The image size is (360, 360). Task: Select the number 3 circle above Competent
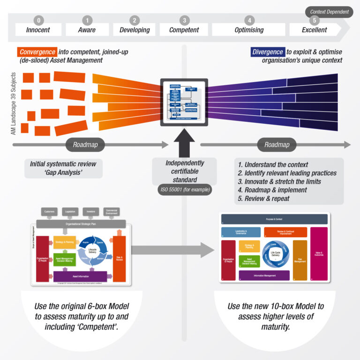[185, 20]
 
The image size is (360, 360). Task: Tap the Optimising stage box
[249, 30]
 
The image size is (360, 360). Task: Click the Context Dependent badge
[330, 11]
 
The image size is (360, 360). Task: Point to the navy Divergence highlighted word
[267, 52]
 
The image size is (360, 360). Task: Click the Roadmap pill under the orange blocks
[85, 145]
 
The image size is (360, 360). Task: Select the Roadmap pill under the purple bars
[277, 145]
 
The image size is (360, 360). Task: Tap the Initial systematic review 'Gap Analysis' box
[63, 168]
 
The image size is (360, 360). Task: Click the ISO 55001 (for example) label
[184, 190]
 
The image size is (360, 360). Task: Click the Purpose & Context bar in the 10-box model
[274, 219]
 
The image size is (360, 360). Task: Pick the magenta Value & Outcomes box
[319, 254]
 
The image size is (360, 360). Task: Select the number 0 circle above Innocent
[38, 20]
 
